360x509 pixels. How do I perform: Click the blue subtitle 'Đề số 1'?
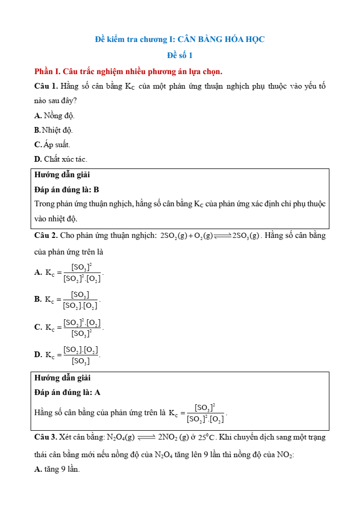click(180, 55)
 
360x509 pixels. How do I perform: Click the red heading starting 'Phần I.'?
click(128, 71)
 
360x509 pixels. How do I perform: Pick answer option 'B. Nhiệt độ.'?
click(53, 130)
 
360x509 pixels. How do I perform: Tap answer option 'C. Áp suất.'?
click(52, 145)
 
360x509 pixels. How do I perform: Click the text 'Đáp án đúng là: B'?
click(66, 190)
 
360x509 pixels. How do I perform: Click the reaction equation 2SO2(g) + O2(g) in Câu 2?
click(210, 236)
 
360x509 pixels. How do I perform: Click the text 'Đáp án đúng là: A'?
click(67, 393)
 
